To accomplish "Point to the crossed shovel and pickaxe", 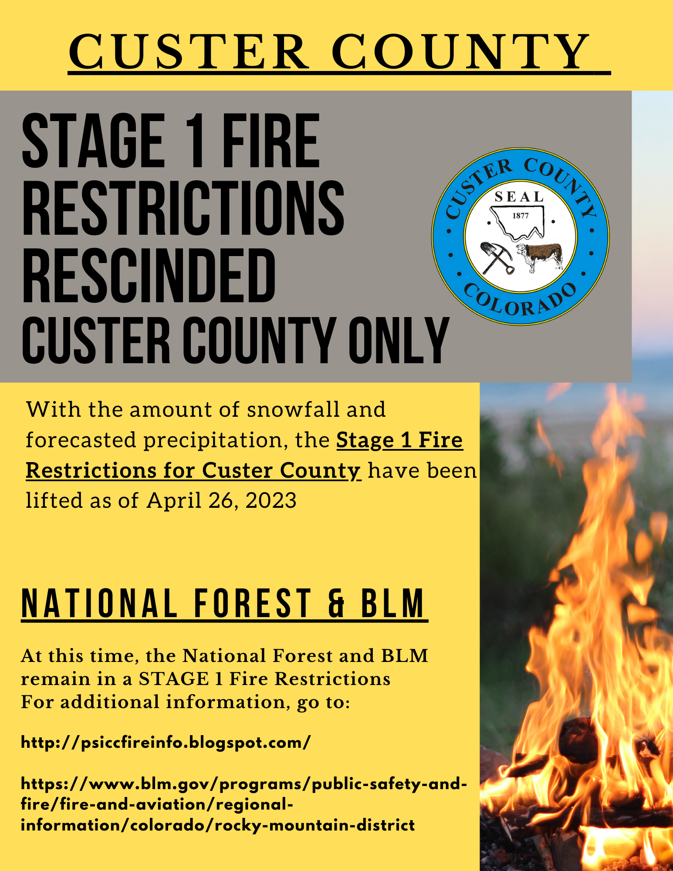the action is pyautogui.click(x=497, y=258).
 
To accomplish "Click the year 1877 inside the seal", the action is pyautogui.click(x=521, y=216).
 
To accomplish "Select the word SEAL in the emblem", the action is pyautogui.click(x=519, y=197).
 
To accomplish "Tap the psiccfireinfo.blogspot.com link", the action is pyautogui.click(x=166, y=743).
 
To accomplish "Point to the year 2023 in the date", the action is pyautogui.click(x=271, y=500).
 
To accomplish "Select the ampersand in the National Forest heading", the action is pyautogui.click(x=336, y=603).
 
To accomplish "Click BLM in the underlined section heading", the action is pyautogui.click(x=392, y=603).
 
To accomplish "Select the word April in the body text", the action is pyautogui.click(x=174, y=501).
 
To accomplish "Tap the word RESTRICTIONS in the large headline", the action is pyautogui.click(x=183, y=208).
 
